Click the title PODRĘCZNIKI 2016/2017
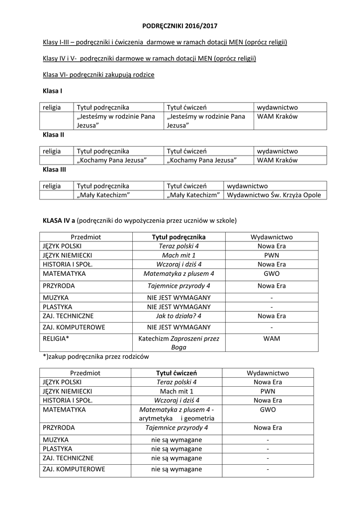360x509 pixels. pyautogui.click(x=180, y=25)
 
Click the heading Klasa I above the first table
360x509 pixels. pyautogui.click(x=52, y=91)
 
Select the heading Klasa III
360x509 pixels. pyautogui.click(x=54, y=169)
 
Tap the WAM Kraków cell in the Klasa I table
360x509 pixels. pyautogui.click(x=277, y=116)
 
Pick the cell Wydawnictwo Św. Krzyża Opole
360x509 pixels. pyautogui.click(x=274, y=195)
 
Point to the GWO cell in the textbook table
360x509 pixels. pyautogui.click(x=271, y=273)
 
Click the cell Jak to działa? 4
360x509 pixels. pyautogui.click(x=178, y=316)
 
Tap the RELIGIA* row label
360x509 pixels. pyautogui.click(x=56, y=339)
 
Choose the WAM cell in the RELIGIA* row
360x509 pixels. pyautogui.click(x=271, y=339)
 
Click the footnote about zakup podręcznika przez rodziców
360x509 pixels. pyautogui.click(x=96, y=356)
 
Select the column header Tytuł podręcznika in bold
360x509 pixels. pyautogui.click(x=178, y=237)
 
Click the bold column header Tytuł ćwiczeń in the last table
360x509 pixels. pyautogui.click(x=177, y=373)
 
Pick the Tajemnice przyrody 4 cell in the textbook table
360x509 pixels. pyautogui.click(x=178, y=286)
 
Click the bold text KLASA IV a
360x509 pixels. pyautogui.click(x=59, y=219)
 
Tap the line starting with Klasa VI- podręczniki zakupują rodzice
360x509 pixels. pyautogui.click(x=98, y=75)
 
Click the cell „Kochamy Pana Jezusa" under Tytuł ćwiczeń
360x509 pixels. pyautogui.click(x=202, y=160)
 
